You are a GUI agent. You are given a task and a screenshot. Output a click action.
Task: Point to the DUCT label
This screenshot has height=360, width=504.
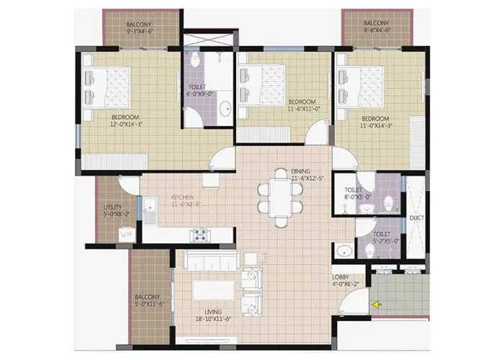click(x=416, y=217)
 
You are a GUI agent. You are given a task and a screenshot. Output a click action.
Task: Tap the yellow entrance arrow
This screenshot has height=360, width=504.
click(x=377, y=305)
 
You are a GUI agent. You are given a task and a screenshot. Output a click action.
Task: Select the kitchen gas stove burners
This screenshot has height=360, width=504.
click(x=199, y=234)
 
